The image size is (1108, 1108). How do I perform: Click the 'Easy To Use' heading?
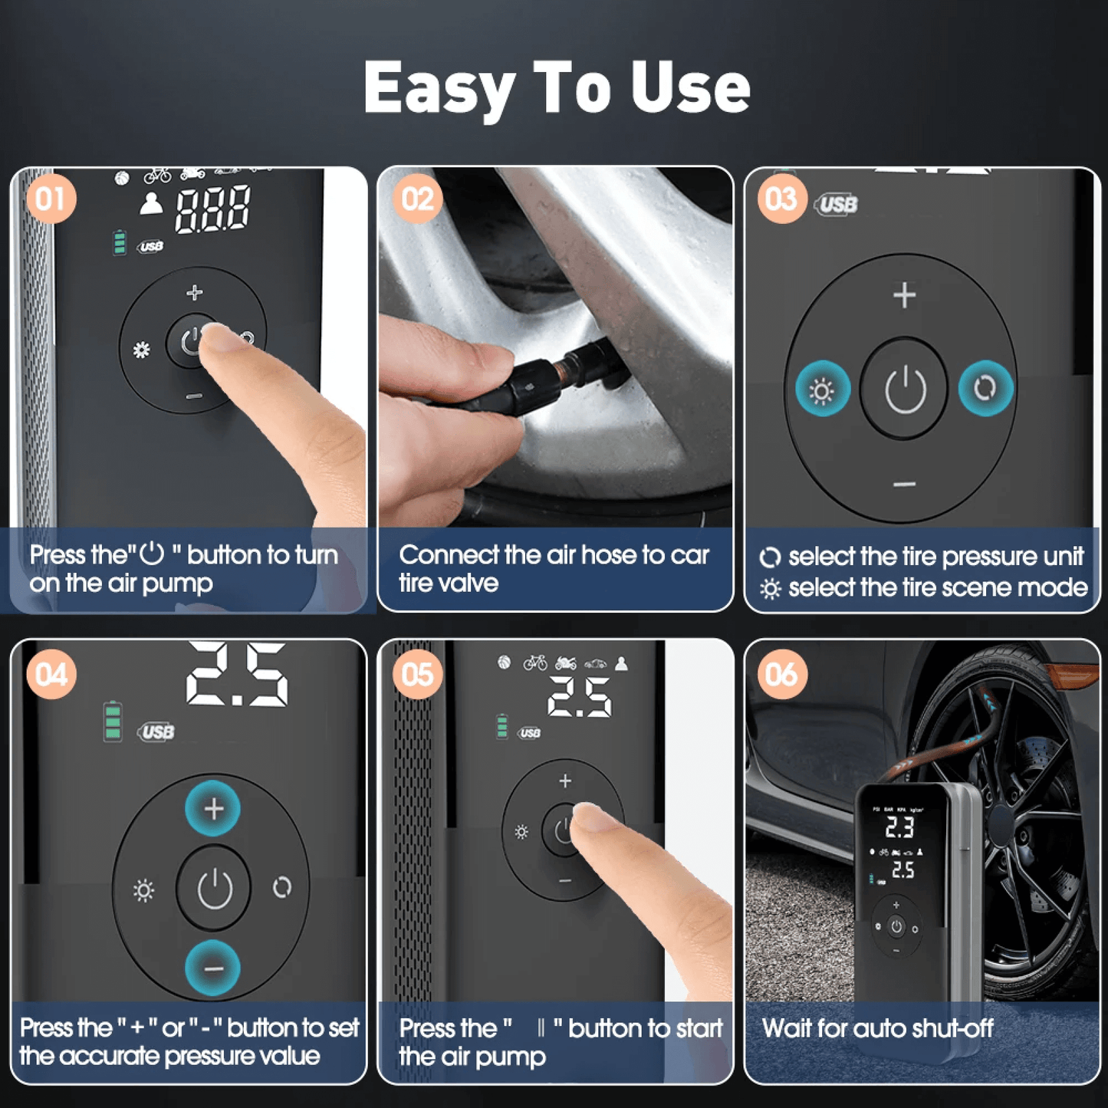556,88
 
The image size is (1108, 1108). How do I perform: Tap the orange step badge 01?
51,199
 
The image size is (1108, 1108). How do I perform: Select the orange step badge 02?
417,199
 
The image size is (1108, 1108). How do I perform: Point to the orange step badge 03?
781,199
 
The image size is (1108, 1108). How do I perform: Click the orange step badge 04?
51,675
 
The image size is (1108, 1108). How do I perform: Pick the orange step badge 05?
417,675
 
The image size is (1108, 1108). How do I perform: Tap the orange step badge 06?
781,675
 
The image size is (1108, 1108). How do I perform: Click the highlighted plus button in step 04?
213,808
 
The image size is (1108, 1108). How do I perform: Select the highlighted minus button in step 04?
213,968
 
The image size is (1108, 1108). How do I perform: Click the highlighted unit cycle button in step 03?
985,388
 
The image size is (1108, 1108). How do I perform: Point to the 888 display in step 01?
212,209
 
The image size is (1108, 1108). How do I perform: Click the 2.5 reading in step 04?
237,674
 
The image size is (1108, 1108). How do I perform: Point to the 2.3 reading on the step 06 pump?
899,827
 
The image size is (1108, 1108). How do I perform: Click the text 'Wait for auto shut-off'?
877,1028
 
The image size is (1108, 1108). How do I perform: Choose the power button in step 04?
215,888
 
